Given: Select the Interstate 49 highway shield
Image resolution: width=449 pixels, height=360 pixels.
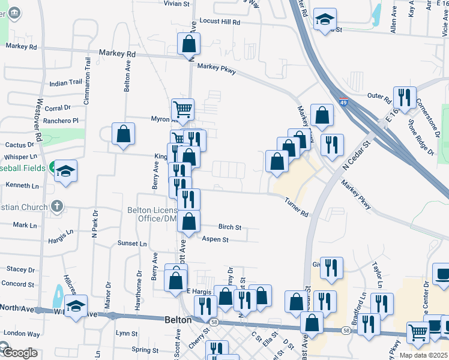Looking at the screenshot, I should tap(343, 103).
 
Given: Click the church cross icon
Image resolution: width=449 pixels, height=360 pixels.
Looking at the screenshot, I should tap(56, 206).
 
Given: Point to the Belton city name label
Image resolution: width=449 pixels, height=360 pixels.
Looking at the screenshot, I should tap(178, 320).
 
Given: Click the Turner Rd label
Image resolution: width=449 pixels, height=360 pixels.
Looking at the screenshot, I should tap(297, 208).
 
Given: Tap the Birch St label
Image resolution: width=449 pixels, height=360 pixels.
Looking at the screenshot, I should tap(230, 228).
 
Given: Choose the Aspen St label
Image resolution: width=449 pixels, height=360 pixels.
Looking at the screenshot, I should tap(215, 239).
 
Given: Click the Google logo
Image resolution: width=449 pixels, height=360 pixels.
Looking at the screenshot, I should tap(19, 353).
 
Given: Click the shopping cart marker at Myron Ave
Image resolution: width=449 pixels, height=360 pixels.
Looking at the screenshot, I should tap(182, 109).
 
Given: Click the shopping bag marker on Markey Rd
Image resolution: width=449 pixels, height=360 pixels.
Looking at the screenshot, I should tap(189, 43).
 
